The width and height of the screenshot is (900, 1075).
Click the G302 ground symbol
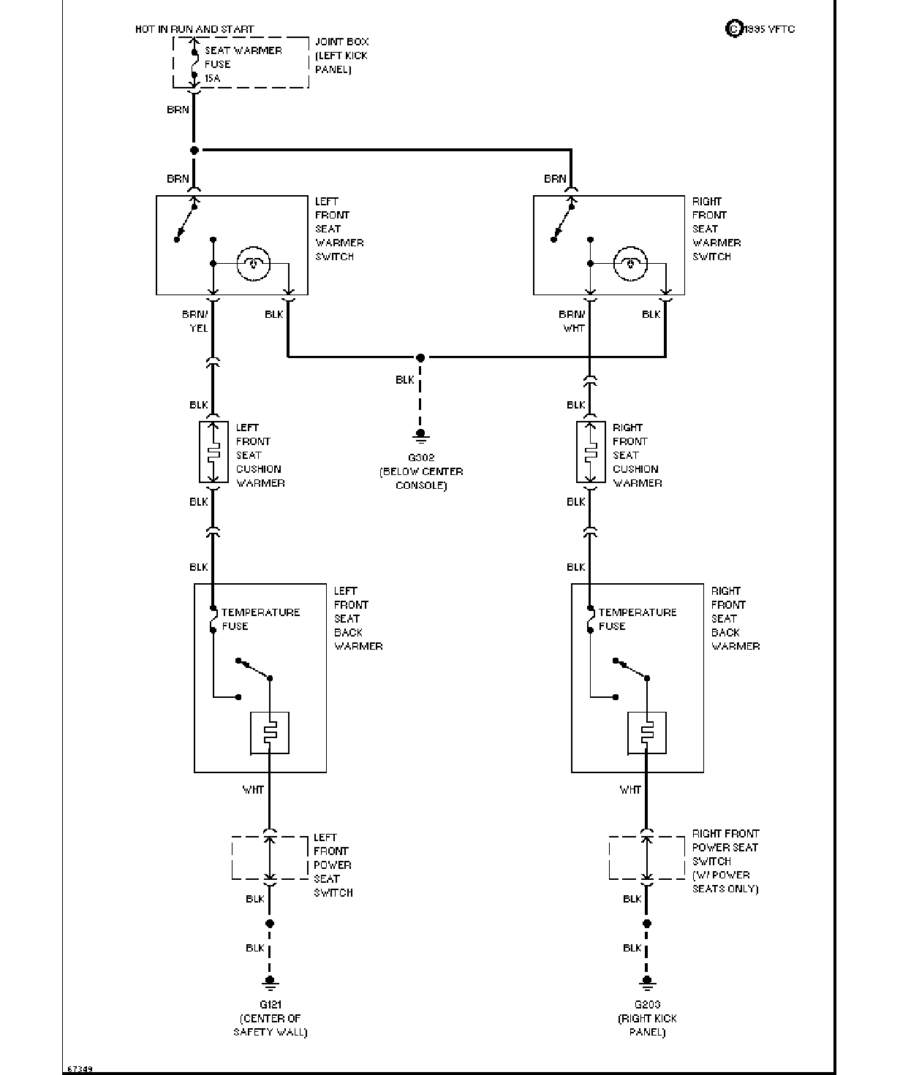420,436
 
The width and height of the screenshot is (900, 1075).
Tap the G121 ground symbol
270,983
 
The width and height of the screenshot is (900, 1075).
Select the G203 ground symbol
646,983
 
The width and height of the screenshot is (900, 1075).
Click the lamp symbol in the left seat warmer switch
253,264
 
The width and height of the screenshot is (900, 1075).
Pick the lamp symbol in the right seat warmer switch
630,264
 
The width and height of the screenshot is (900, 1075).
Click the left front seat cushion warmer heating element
213,452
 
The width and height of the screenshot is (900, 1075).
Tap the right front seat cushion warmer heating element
591,452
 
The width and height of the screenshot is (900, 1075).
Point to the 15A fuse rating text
212,78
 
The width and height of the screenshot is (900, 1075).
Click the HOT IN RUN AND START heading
194,29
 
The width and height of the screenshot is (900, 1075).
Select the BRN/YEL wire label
194,322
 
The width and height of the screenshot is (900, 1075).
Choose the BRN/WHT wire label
572,322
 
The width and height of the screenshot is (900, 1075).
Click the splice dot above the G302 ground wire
420,357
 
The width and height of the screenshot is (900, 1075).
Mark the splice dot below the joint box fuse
194,151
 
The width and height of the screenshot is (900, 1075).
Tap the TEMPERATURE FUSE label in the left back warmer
261,620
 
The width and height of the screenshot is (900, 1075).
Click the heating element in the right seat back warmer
646,733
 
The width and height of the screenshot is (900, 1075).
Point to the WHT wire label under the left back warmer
253,789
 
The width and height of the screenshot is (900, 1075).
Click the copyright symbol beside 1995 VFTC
733,29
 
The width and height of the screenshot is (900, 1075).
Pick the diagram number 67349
80,1069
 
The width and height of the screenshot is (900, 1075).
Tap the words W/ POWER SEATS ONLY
725,881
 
